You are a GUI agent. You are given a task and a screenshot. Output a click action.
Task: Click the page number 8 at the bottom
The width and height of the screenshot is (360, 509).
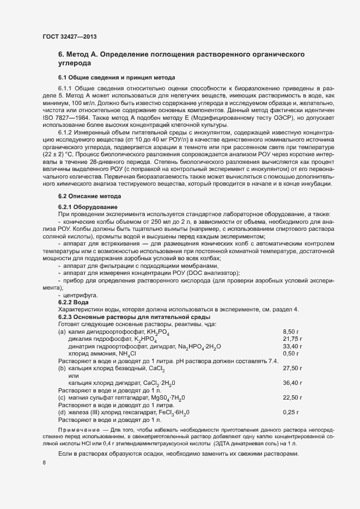[44, 463]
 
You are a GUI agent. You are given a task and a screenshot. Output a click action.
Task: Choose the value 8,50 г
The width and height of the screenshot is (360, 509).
[292, 331]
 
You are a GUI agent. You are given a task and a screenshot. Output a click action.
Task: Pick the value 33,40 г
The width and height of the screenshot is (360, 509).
[292, 346]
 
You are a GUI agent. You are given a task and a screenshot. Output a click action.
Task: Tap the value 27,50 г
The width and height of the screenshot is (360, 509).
[292, 369]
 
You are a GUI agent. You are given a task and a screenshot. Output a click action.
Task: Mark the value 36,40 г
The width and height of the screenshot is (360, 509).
[292, 383]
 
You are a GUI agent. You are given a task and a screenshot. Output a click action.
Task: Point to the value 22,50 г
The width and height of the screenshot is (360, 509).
[292, 398]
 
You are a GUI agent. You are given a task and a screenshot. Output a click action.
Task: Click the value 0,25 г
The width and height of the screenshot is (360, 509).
[292, 413]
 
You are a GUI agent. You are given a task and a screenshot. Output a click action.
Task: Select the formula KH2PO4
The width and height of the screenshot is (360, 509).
[157, 332]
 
